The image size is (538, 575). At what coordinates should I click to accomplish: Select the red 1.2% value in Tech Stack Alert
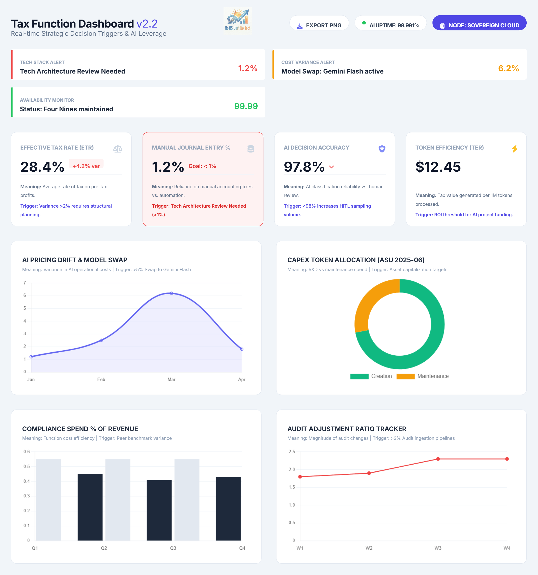[x=247, y=68]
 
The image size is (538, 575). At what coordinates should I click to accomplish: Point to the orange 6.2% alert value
[x=508, y=68]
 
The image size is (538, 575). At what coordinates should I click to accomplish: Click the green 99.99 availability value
[x=246, y=106]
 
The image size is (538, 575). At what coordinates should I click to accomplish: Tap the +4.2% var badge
[x=86, y=166]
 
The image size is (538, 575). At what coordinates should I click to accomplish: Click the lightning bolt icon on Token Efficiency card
[x=514, y=149]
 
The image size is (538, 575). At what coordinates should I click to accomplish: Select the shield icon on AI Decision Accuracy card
[x=382, y=149]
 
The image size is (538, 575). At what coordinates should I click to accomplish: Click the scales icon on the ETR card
[x=118, y=149]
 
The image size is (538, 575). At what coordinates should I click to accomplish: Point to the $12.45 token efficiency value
[x=438, y=167]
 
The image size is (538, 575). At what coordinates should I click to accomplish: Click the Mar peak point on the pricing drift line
[x=171, y=293]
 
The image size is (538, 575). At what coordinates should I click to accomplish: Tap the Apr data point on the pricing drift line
[x=241, y=349]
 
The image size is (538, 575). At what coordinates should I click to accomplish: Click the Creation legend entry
[x=371, y=376]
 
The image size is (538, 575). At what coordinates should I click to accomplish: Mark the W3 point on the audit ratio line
[x=438, y=459]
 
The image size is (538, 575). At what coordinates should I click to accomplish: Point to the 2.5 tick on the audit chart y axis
[x=292, y=451]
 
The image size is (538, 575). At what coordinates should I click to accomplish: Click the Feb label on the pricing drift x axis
[x=101, y=379]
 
